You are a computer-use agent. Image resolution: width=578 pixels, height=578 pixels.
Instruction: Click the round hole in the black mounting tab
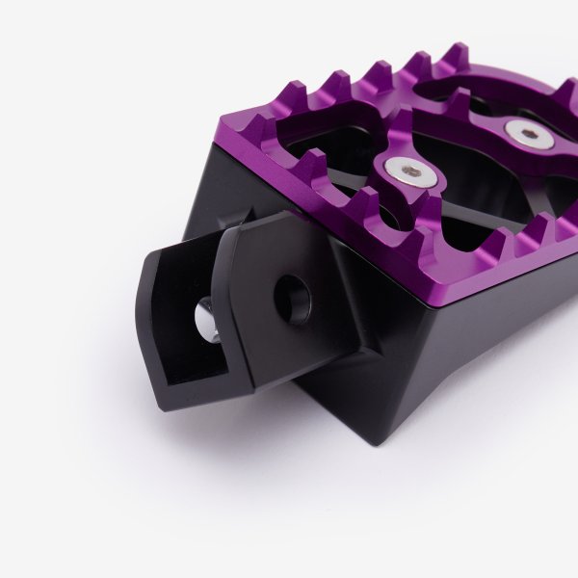[x=292, y=299]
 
